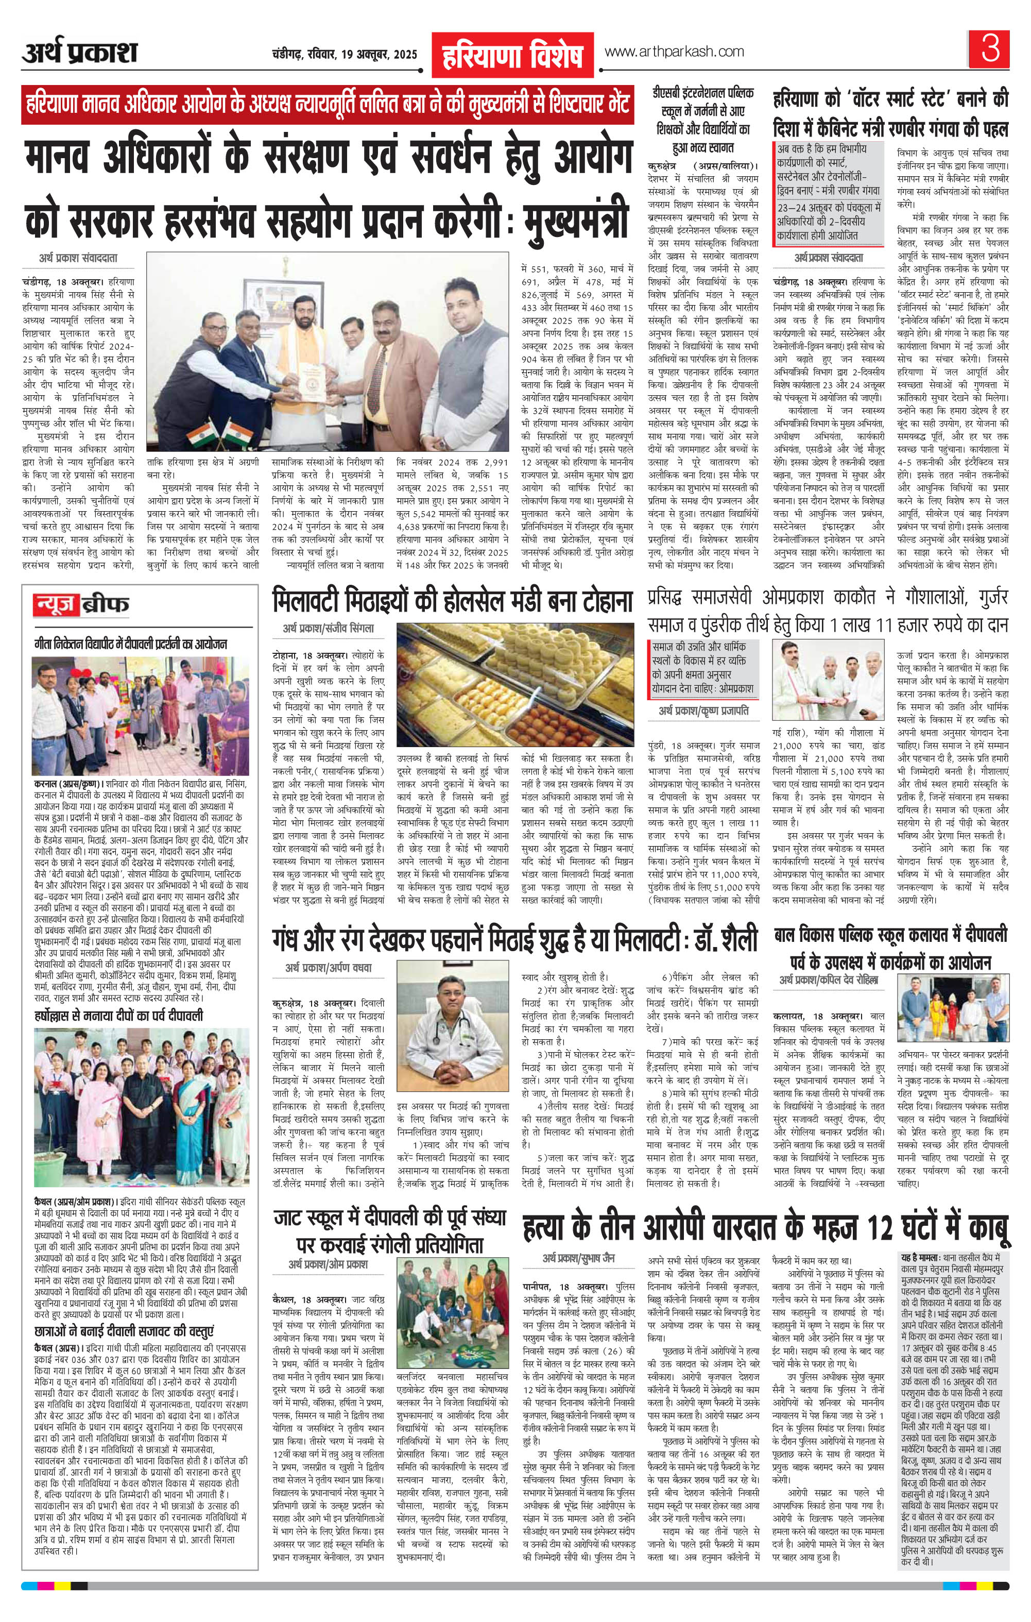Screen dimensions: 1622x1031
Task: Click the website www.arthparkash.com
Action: tap(674, 52)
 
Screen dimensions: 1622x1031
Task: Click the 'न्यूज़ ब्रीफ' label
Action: tap(81, 606)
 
